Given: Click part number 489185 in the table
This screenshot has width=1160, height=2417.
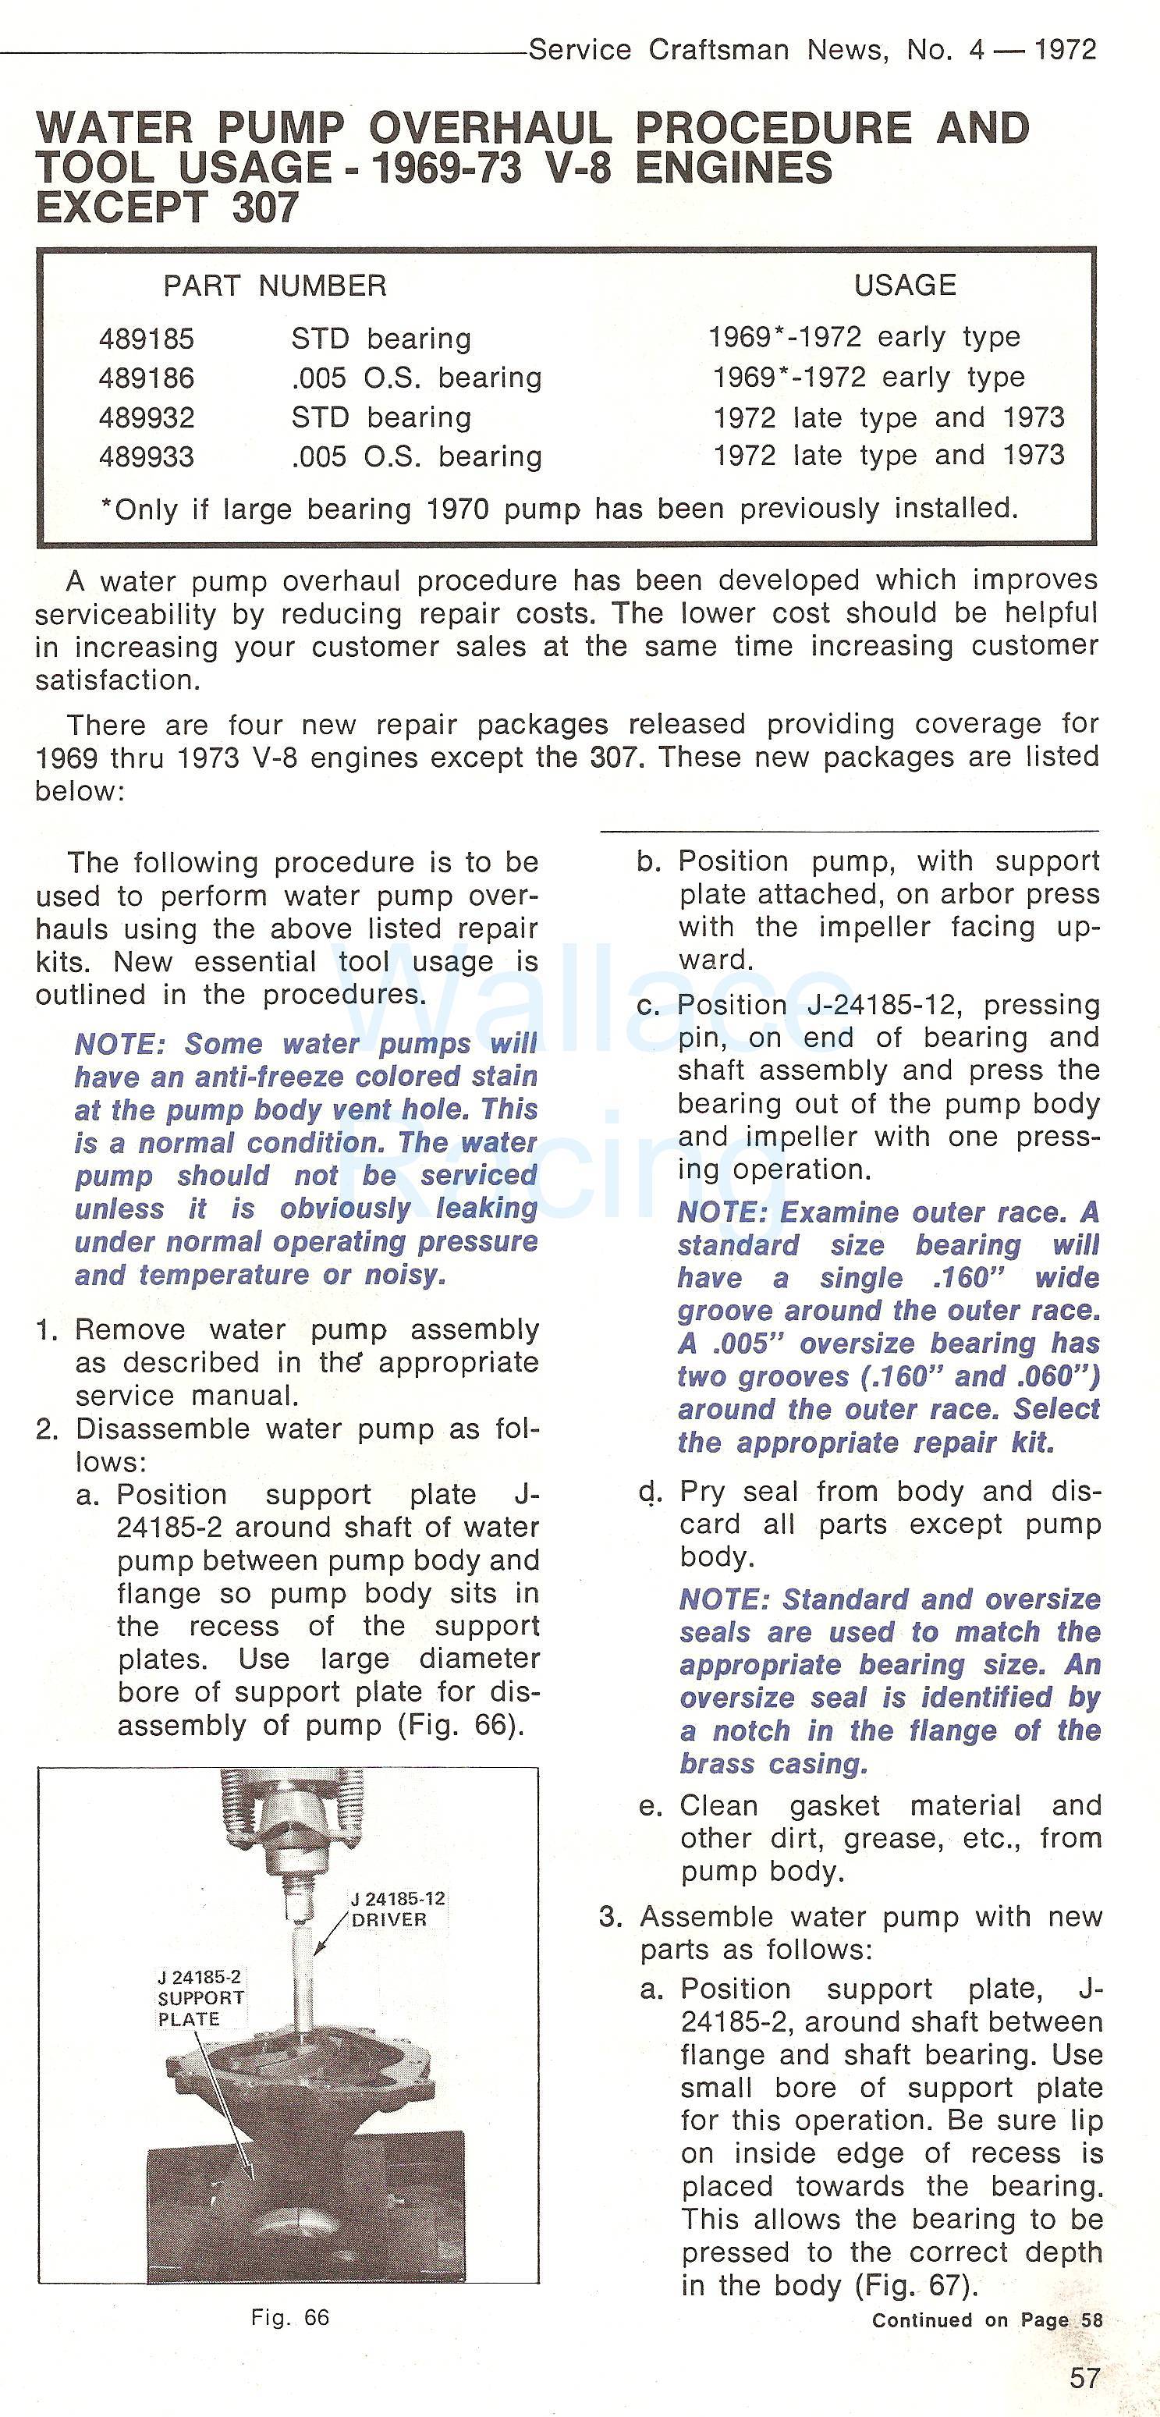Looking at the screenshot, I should click(147, 339).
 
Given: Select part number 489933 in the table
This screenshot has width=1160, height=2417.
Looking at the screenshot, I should click(147, 457).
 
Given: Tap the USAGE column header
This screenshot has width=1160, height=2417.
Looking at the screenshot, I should click(905, 286).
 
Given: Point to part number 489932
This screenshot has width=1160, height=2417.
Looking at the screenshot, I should click(147, 417).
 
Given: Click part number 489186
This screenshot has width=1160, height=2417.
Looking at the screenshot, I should click(147, 378).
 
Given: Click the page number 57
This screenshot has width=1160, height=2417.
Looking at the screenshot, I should click(1085, 2377).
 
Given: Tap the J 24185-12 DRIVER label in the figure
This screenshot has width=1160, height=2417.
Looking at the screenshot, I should click(398, 1909).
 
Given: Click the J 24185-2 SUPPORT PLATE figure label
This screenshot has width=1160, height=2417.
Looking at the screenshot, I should click(200, 1997).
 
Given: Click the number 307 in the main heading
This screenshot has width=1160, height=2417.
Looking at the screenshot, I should click(264, 208).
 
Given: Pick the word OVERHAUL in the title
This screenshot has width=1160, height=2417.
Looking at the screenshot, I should click(490, 129).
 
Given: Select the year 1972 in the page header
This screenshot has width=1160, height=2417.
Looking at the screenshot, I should click(1064, 50).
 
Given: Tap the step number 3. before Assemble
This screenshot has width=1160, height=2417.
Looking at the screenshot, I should click(611, 1916).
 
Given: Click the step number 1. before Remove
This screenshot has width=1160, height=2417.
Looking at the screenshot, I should click(47, 1330).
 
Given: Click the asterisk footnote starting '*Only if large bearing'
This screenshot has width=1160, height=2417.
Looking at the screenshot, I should click(559, 509).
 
